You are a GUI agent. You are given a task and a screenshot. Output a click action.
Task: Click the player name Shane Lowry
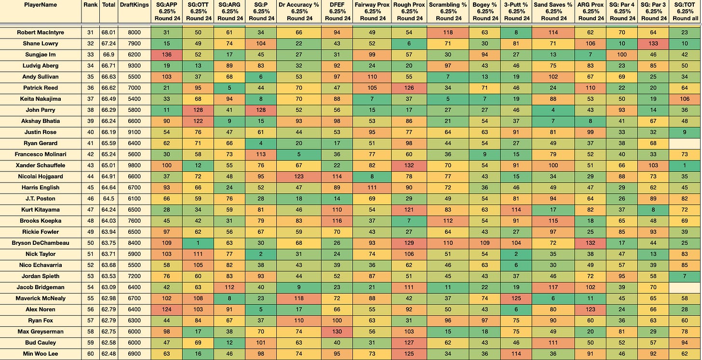[x=40, y=43]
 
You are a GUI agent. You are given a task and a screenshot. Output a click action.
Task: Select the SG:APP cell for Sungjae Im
[x=167, y=54]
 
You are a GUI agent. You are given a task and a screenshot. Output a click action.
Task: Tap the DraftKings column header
[x=134, y=5]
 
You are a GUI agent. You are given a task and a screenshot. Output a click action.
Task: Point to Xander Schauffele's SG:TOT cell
[x=685, y=165]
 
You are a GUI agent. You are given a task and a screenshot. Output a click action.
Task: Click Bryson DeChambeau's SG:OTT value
[x=198, y=243]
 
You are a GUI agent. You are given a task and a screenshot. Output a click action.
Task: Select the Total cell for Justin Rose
[x=108, y=132]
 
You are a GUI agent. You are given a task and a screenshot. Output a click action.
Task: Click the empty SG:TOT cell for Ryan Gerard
[x=685, y=143]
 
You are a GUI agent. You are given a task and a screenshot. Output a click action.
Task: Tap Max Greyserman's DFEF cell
[x=337, y=332]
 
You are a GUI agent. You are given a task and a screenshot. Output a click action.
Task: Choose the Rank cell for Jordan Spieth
[x=91, y=276]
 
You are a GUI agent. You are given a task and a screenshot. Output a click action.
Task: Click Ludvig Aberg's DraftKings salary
[x=134, y=66]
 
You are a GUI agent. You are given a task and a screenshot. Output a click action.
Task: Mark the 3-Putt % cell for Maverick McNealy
[x=516, y=298]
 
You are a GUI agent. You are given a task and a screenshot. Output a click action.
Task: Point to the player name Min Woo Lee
[x=40, y=354]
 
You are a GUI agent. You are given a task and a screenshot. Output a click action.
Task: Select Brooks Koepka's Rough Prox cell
[x=409, y=221]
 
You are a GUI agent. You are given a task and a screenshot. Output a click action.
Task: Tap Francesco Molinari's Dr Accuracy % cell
[x=299, y=155]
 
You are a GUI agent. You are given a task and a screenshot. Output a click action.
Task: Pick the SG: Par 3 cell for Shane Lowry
[x=653, y=43]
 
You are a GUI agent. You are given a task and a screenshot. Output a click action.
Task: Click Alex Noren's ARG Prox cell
[x=591, y=309]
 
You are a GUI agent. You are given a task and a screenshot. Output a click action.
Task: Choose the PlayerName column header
[x=40, y=5]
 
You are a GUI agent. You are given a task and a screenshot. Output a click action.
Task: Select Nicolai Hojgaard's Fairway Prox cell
[x=372, y=176]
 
